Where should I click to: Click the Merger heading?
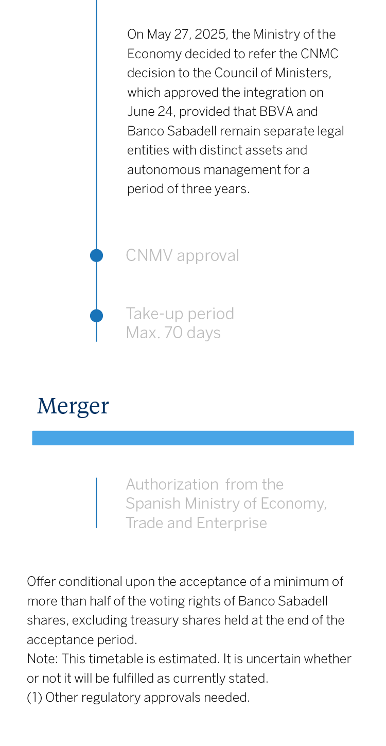tap(73, 406)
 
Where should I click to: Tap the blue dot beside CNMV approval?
tap(96, 255)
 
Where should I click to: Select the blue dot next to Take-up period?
tap(96, 316)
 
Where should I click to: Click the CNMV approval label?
tap(182, 255)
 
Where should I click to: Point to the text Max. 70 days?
tap(173, 333)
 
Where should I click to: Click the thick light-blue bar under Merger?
tap(193, 438)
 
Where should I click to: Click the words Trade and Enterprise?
tap(196, 523)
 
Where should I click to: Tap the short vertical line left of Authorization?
tap(96, 503)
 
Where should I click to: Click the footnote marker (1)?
tap(34, 698)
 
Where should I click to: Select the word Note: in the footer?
tap(41, 659)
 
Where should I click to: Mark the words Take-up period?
tap(180, 314)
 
